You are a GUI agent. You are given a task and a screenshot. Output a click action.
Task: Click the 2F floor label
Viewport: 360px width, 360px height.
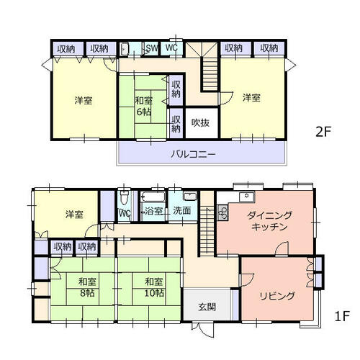(x=323, y=131)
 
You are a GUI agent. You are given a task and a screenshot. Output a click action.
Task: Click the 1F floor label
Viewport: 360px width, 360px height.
(x=342, y=316)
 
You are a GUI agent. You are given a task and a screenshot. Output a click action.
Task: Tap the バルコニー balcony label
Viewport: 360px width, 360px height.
(x=193, y=154)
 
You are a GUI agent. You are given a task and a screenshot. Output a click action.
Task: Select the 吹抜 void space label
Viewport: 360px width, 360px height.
(x=200, y=123)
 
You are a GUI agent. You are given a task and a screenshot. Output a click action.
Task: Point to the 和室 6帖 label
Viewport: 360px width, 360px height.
(x=144, y=107)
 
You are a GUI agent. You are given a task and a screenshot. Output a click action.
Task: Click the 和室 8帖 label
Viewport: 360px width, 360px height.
(x=87, y=287)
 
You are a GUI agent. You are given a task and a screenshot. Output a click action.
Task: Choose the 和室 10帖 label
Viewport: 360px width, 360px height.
(x=154, y=287)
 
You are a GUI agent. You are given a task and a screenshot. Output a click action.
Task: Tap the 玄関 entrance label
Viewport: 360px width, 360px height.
(x=207, y=307)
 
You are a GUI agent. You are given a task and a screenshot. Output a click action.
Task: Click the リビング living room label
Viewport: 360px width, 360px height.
(x=277, y=296)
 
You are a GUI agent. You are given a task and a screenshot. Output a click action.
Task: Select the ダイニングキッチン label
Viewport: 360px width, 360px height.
(x=269, y=221)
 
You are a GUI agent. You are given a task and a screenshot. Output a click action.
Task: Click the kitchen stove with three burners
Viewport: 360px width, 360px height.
(x=223, y=212)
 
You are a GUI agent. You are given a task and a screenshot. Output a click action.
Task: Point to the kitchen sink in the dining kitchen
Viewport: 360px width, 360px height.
(x=247, y=197)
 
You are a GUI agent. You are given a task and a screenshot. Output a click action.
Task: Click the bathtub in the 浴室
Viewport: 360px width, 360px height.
(x=153, y=197)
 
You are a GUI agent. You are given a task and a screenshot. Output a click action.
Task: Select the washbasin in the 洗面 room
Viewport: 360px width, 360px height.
(x=190, y=196)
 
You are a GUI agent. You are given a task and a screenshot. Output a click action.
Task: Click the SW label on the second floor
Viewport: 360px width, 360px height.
(x=152, y=48)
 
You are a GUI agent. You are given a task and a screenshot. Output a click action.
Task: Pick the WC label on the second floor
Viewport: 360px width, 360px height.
(x=171, y=48)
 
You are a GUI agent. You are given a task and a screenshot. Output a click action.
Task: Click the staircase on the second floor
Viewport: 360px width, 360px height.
(x=210, y=74)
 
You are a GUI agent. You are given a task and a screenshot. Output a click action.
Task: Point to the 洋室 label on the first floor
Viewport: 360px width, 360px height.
(x=74, y=215)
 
